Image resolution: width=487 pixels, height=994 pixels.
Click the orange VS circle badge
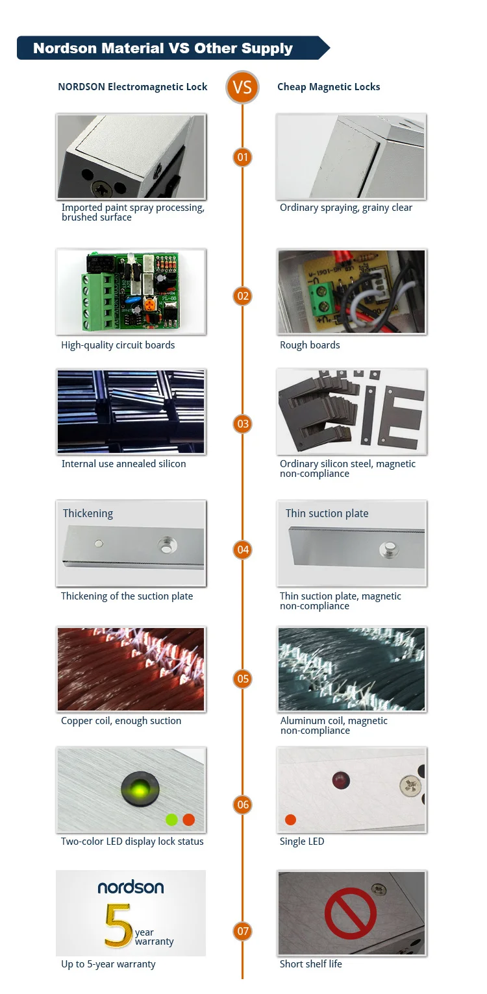click(x=242, y=87)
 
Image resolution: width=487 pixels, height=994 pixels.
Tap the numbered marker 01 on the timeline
click(x=242, y=157)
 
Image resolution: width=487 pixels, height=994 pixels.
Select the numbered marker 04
click(x=243, y=550)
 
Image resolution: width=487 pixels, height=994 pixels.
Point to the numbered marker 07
click(x=243, y=931)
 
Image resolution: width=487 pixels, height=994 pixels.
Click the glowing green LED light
click(x=140, y=790)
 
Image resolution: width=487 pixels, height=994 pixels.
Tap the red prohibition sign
click(x=351, y=914)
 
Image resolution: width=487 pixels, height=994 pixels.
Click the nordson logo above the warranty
click(x=131, y=888)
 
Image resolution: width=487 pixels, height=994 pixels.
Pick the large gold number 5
click(x=118, y=925)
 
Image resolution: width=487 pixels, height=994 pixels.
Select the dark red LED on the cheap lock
click(x=341, y=781)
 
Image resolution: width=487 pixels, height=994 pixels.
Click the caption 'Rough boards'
click(x=310, y=345)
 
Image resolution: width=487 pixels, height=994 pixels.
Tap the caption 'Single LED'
click(x=302, y=842)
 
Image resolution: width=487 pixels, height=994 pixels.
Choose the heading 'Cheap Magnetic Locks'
click(x=329, y=87)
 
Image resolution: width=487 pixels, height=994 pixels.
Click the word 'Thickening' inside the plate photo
click(x=88, y=513)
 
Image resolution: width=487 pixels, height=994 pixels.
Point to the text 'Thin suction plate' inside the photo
click(x=327, y=513)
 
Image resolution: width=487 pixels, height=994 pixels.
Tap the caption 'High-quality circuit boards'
click(x=118, y=345)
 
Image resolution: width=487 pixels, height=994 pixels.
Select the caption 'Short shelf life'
click(x=311, y=964)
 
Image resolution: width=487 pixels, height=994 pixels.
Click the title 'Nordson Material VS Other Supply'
click(x=163, y=48)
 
